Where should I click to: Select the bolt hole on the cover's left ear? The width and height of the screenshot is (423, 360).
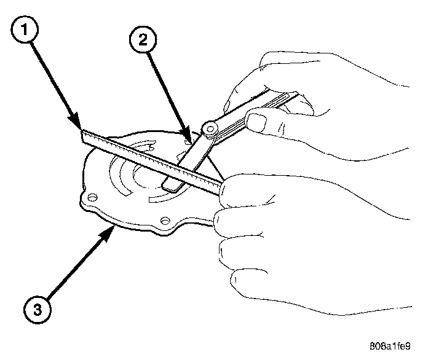point(92,197)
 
